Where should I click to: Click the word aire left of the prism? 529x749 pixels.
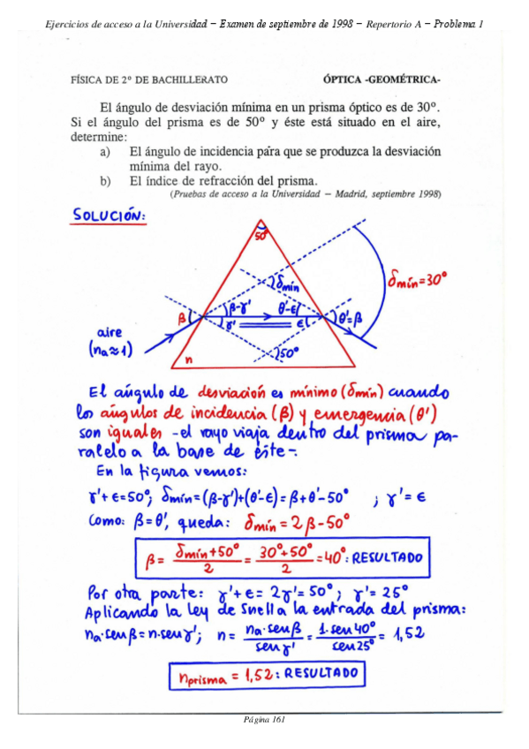[110, 332]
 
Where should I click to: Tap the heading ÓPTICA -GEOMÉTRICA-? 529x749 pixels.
[382, 79]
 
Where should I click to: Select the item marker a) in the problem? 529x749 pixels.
[106, 152]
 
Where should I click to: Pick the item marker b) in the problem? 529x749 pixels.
[106, 181]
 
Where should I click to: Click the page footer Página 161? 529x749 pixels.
[264, 719]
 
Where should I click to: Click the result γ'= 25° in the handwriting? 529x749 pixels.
[381, 590]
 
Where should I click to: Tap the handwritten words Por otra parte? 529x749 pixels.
[140, 590]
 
